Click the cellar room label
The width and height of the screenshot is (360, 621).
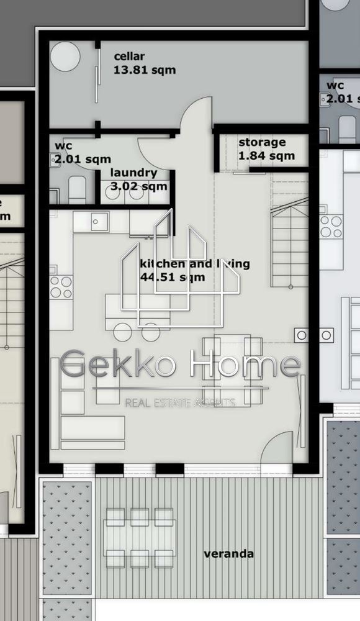(x=129, y=57)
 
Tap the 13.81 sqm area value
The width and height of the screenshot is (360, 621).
(x=145, y=70)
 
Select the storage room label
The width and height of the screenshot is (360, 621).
(x=262, y=142)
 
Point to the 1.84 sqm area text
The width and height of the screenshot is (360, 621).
(x=266, y=155)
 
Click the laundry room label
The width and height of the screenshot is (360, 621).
(x=133, y=173)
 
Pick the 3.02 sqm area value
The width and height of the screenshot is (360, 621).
(x=138, y=186)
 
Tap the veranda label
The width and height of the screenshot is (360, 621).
(x=229, y=554)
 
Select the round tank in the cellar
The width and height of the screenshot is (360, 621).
(x=65, y=57)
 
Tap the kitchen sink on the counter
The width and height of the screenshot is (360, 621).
(x=97, y=220)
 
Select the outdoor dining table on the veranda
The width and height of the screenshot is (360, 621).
(x=138, y=537)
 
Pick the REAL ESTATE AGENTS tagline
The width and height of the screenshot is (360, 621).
(x=180, y=403)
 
